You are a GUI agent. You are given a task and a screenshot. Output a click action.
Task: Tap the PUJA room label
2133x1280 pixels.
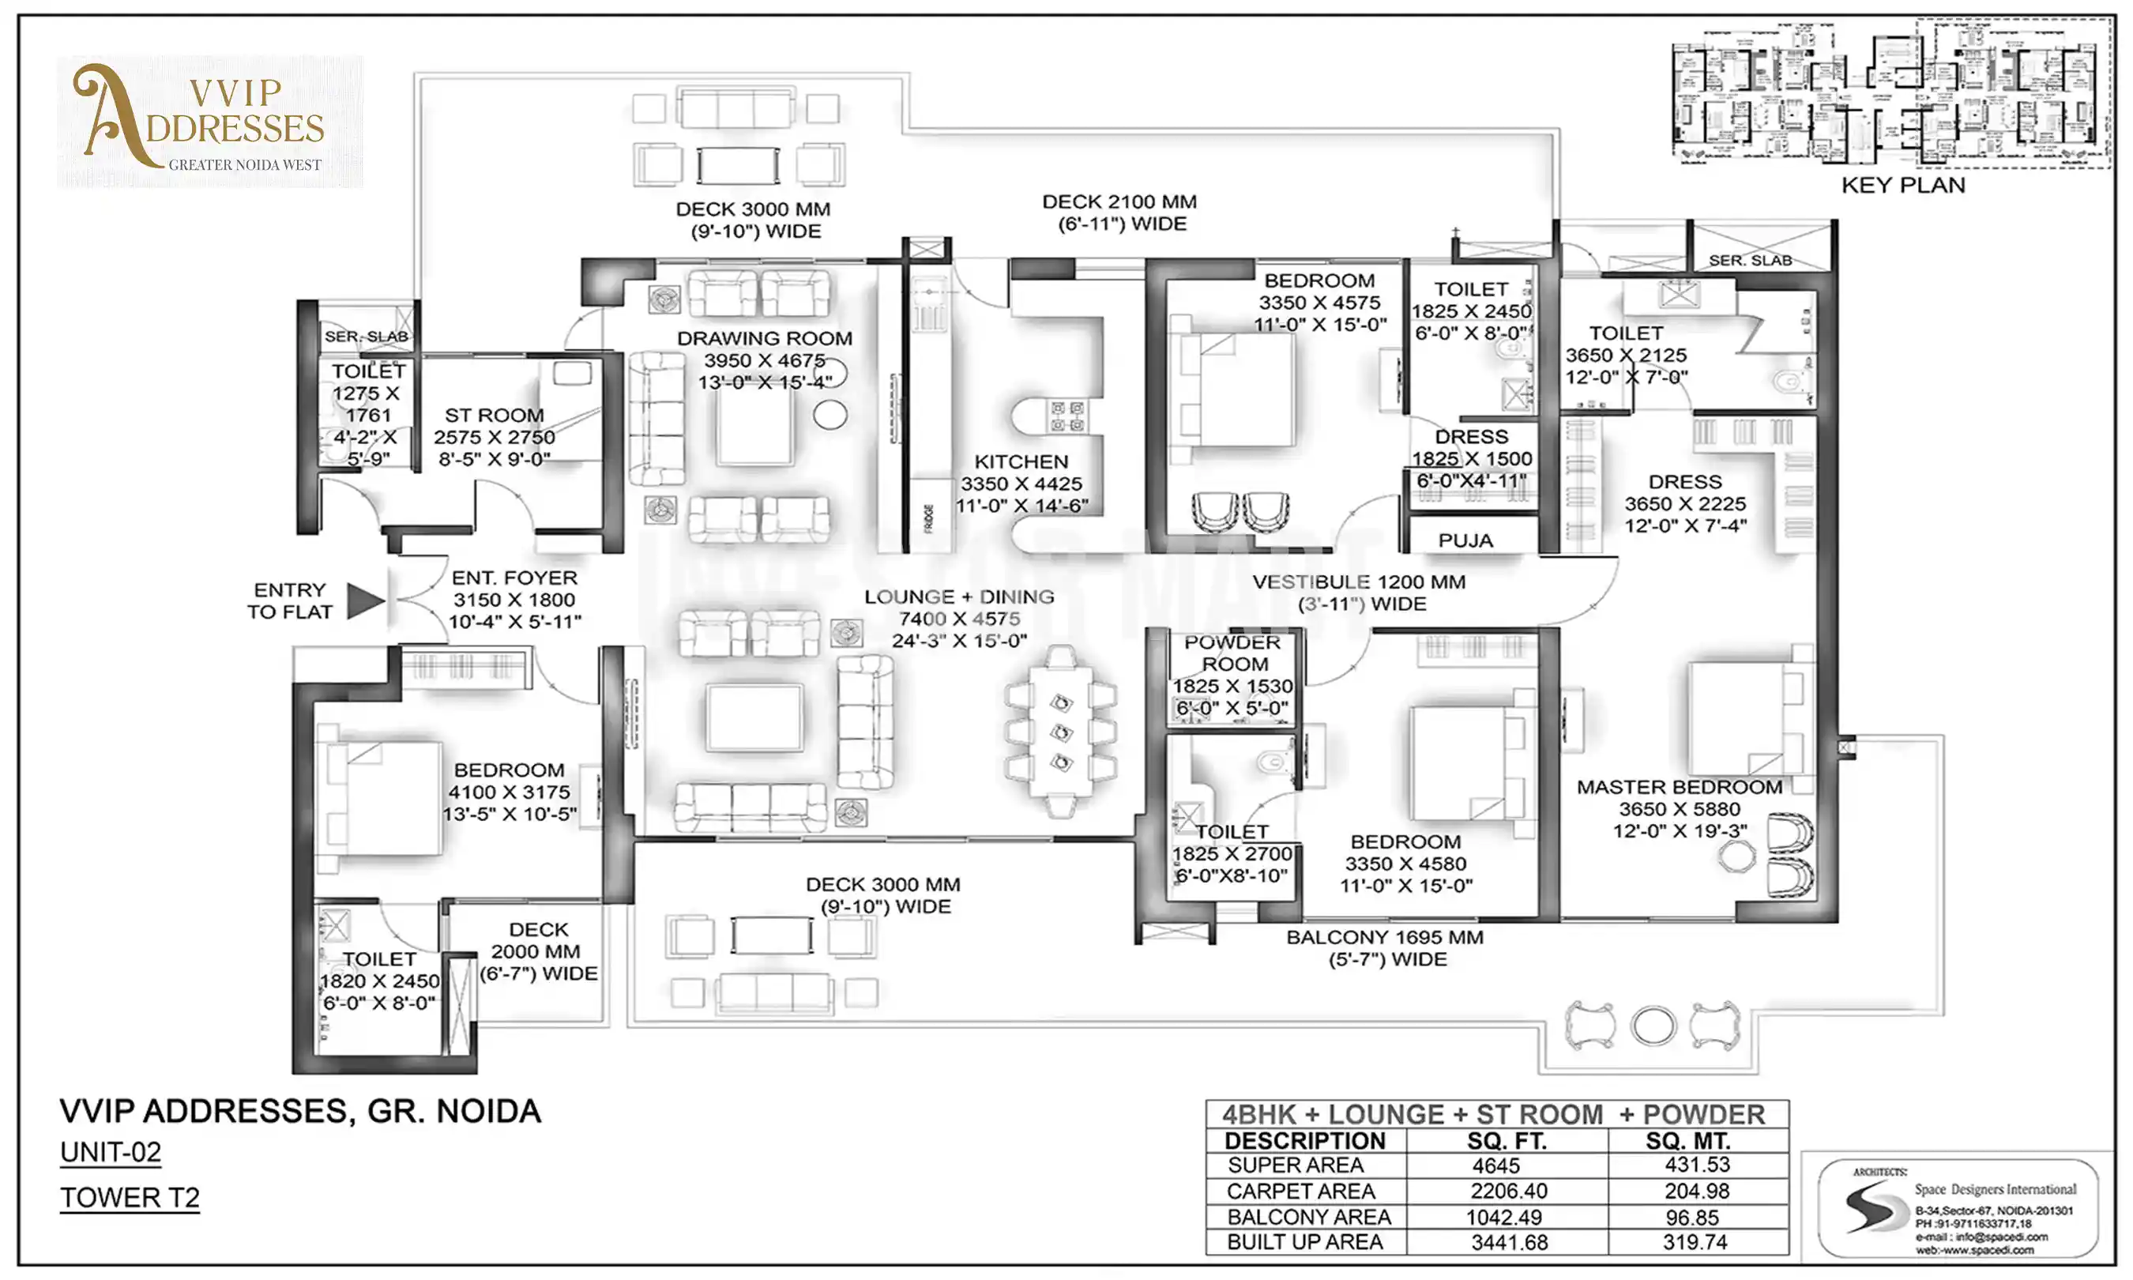(x=1465, y=540)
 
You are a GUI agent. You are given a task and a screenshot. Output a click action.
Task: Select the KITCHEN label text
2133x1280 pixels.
(x=1021, y=462)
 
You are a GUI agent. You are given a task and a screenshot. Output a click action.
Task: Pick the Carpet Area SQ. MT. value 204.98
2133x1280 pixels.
(x=1696, y=1192)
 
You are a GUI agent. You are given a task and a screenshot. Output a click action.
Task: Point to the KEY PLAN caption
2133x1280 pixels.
(x=1903, y=186)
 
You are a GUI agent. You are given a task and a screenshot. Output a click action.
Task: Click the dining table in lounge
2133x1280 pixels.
(x=1060, y=732)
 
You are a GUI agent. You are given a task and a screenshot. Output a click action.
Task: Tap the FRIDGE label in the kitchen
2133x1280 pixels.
(x=928, y=518)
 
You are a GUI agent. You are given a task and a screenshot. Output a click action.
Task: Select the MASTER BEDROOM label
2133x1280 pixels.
(x=1679, y=787)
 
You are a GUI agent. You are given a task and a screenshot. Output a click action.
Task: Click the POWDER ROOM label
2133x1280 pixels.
(x=1233, y=653)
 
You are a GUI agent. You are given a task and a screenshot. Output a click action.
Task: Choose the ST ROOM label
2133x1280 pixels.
(x=494, y=416)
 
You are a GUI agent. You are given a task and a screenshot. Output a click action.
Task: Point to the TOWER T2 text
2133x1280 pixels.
(x=130, y=1197)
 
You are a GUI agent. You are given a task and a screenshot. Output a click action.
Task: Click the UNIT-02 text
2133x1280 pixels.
(x=111, y=1152)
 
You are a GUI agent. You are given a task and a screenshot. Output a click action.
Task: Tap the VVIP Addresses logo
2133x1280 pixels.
(x=209, y=122)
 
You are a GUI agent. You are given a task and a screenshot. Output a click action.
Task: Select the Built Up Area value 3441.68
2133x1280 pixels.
(x=1509, y=1243)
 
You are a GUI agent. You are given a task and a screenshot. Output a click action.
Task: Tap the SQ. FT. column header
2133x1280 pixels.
(x=1507, y=1141)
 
